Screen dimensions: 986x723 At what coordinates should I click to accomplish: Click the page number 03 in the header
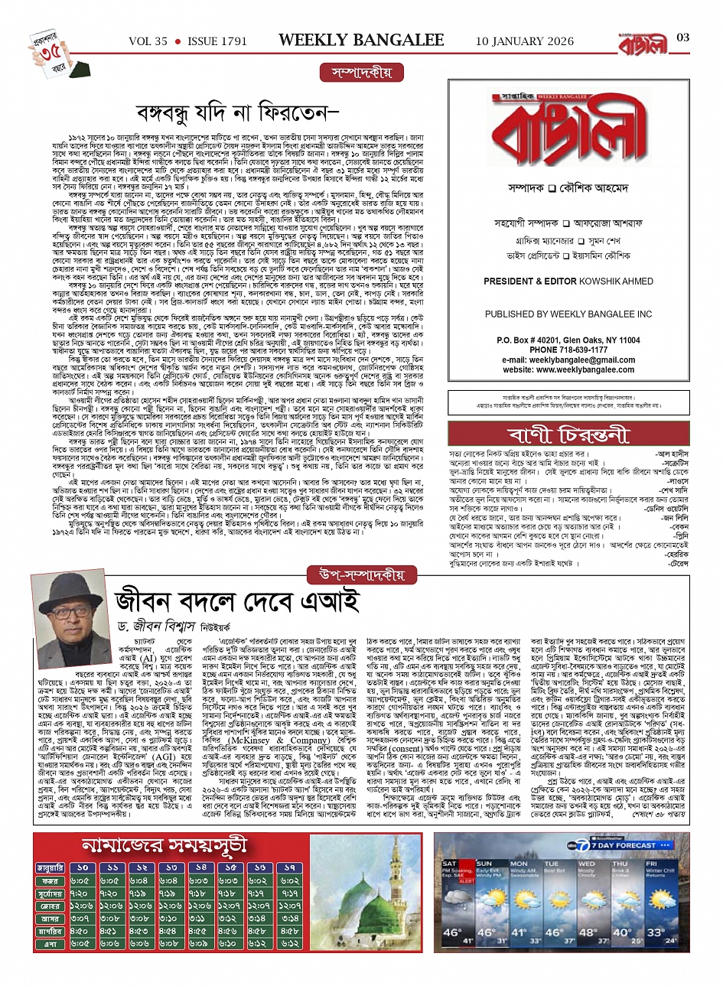point(683,38)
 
